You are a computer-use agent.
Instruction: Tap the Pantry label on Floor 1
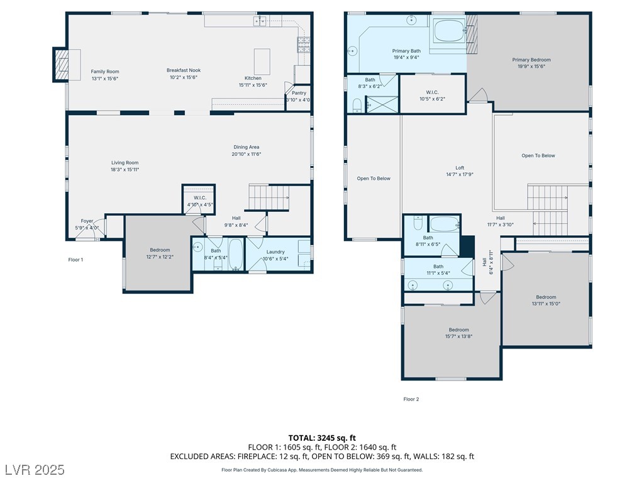[x=299, y=93]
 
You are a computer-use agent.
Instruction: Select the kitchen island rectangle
[x=262, y=61]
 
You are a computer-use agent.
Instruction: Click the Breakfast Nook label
[x=184, y=70]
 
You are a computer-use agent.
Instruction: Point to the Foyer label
[x=87, y=221]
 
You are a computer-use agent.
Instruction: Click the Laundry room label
[x=275, y=252]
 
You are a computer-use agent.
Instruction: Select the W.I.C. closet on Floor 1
[x=199, y=199]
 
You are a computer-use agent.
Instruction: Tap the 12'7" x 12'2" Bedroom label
[x=160, y=250]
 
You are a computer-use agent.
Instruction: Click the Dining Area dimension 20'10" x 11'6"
[x=246, y=154]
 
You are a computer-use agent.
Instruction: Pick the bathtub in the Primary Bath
[x=448, y=31]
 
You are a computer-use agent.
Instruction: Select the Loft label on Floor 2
[x=460, y=168]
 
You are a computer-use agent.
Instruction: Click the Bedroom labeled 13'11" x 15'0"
[x=546, y=297]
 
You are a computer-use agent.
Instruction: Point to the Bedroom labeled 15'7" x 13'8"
[x=458, y=330]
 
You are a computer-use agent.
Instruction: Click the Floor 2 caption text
[x=411, y=399]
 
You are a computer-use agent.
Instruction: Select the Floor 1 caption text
[x=75, y=259]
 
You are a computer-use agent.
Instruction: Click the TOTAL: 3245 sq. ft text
[x=322, y=438]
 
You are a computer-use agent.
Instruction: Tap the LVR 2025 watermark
[x=34, y=469]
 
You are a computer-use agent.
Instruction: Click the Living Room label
[x=125, y=163]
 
